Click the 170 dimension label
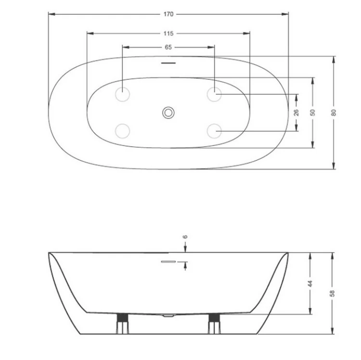[168, 14]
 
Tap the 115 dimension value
[168, 34]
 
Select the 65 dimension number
[168, 47]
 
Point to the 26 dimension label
[297, 113]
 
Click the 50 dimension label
[313, 113]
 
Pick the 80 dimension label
[334, 113]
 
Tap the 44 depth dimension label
[310, 283]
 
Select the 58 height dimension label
[332, 294]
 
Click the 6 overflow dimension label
[185, 237]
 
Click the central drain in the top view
[168, 113]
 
